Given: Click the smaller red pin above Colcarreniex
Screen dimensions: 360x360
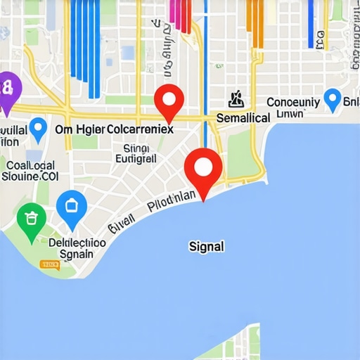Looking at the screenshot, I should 169,101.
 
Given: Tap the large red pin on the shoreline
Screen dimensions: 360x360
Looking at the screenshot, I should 202,167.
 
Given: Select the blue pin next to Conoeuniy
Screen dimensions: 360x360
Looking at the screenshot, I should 332,98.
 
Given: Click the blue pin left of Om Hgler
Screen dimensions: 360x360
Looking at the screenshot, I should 38,127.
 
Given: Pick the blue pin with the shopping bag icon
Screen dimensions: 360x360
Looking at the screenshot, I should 70,206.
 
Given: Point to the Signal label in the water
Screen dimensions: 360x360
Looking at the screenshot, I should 207,247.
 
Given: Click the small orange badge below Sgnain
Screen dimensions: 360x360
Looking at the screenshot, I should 49,265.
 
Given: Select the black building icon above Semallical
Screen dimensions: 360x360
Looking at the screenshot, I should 236,99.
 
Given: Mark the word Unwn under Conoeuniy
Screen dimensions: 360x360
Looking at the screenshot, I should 290,114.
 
